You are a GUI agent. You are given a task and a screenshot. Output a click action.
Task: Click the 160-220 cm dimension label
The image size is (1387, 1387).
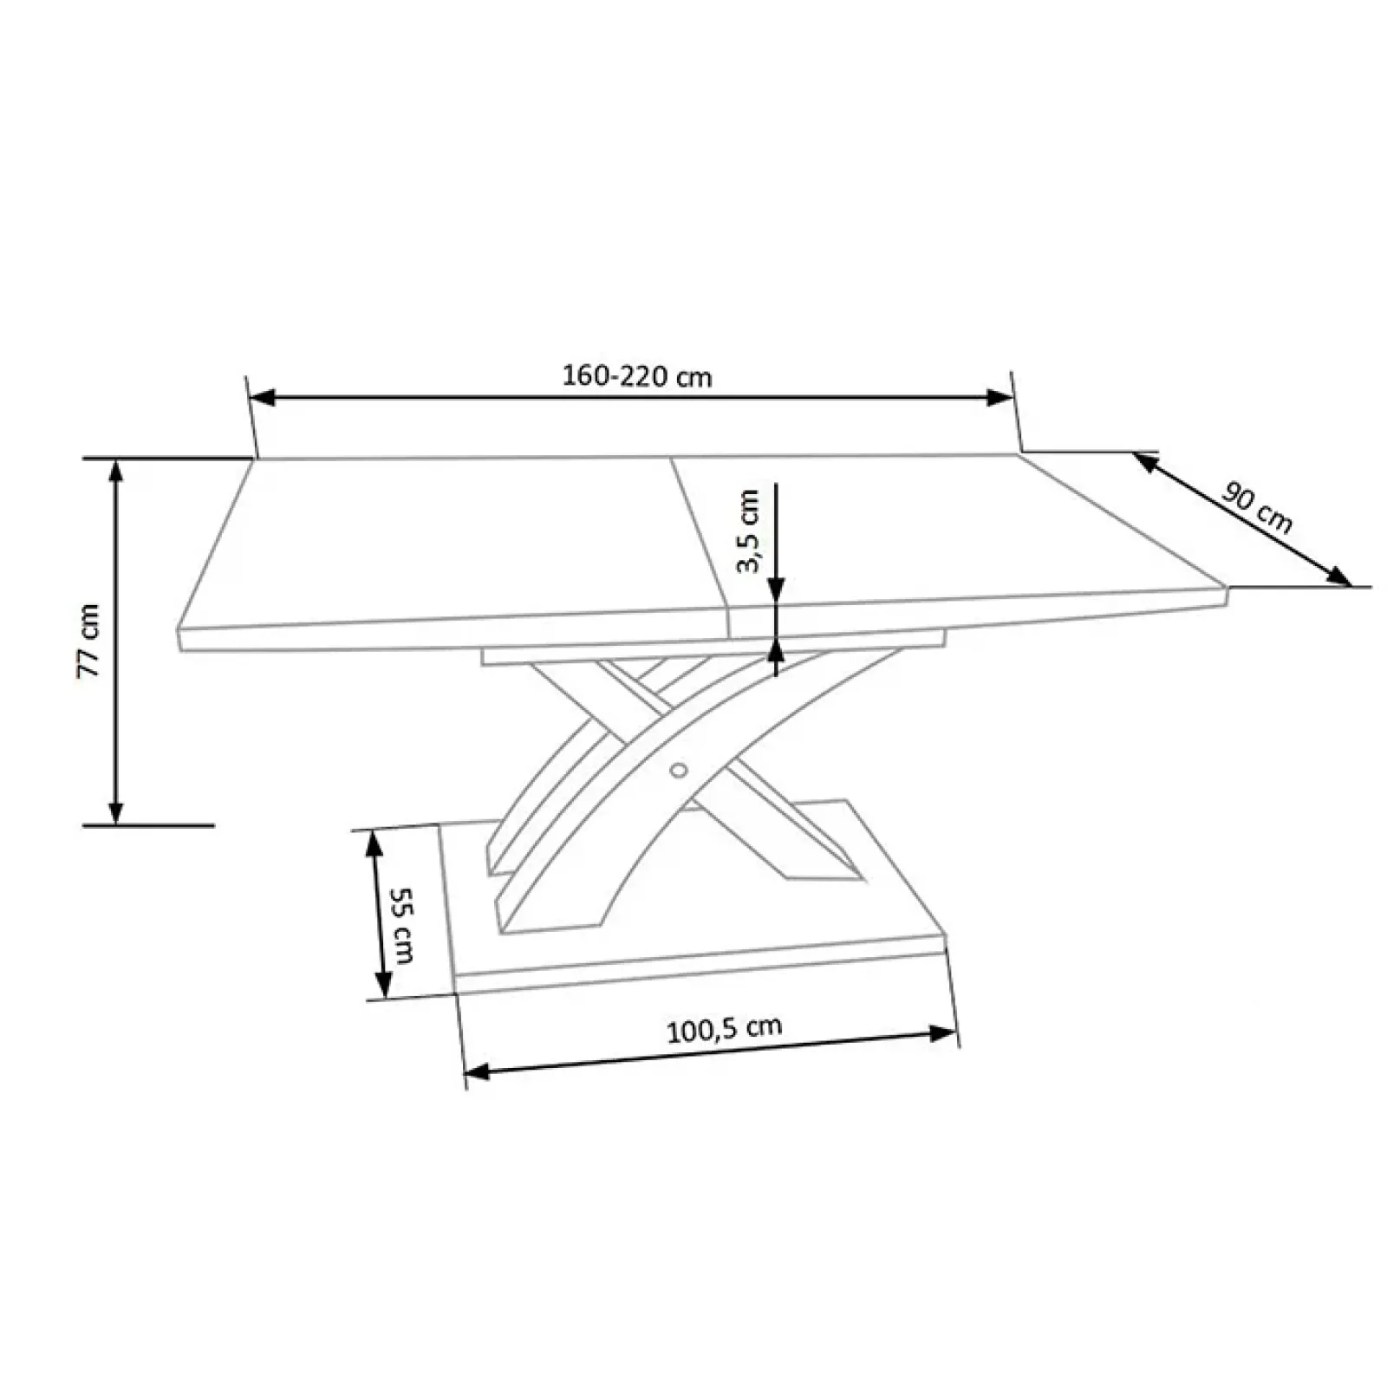pos(637,376)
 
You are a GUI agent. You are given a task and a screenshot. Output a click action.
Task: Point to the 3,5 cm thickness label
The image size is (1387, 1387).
pos(748,531)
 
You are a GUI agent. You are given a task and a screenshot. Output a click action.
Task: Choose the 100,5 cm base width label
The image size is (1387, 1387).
pos(724,1029)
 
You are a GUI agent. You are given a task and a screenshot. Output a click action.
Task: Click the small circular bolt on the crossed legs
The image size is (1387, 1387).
pos(679,770)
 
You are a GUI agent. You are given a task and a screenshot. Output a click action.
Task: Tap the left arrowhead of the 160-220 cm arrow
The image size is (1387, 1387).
pos(261,397)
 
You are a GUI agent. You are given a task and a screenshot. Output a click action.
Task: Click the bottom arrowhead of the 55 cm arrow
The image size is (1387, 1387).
pos(382,985)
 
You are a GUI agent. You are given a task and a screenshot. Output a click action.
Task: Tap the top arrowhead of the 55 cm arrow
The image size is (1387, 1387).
pos(374,841)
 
